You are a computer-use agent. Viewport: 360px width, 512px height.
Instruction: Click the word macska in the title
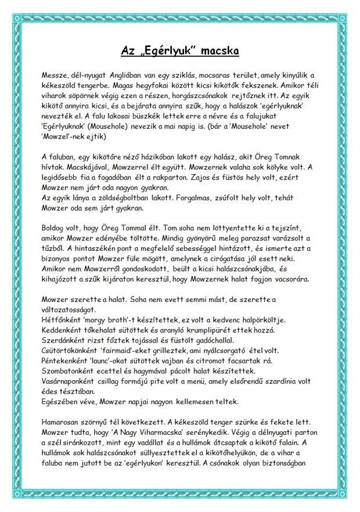[215, 52]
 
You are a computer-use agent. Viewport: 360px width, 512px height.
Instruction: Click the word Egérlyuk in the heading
[163, 52]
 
